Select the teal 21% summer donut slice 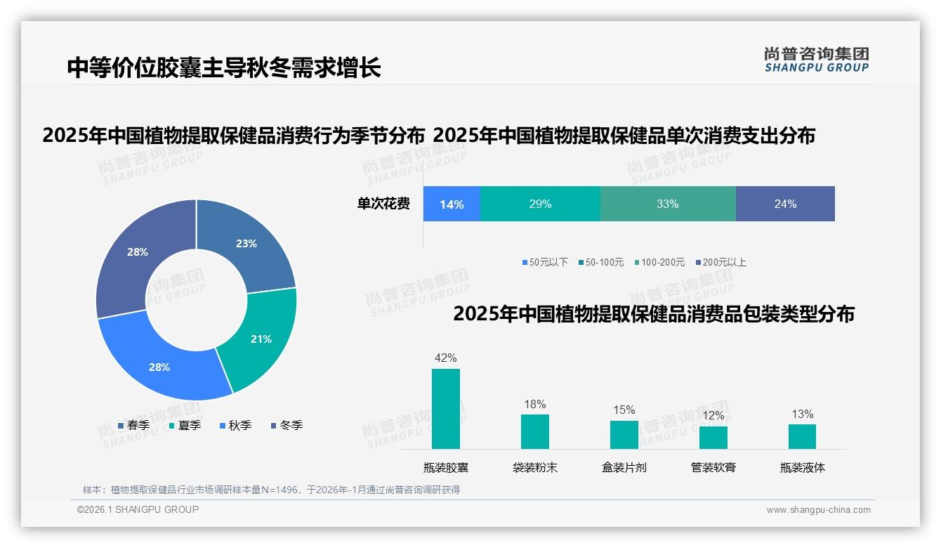[260, 339]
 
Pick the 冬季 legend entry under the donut [287, 425]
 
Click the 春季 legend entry [133, 425]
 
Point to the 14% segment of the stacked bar [452, 204]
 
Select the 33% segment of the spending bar [667, 204]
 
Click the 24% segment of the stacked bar [785, 204]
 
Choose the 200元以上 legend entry [720, 262]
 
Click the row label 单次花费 [383, 204]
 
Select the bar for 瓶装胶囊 [446, 409]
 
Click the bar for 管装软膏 [713, 437]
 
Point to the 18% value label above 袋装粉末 [534, 404]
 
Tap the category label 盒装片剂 [624, 467]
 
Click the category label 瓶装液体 [802, 467]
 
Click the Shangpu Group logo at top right [816, 60]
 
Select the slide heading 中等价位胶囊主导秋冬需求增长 [224, 67]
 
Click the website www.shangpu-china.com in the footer [818, 510]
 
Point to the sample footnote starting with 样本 [271, 490]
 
